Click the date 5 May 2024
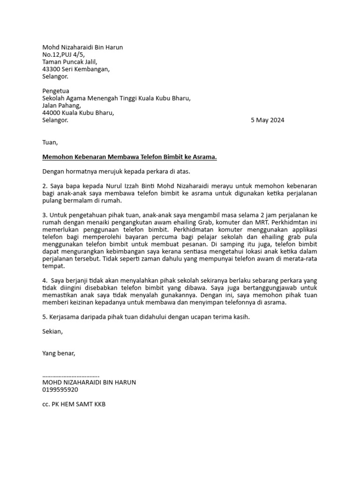(x=267, y=120)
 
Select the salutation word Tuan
(x=50, y=142)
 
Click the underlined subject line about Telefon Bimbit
(x=129, y=157)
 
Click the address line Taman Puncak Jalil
(x=70, y=61)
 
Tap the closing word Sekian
(x=52, y=331)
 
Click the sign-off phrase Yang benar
(x=59, y=353)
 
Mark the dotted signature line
(x=71, y=375)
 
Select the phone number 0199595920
(x=60, y=390)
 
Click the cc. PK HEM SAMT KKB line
(x=74, y=404)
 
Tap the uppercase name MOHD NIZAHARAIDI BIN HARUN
(x=89, y=382)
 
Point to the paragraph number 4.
(x=45, y=281)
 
